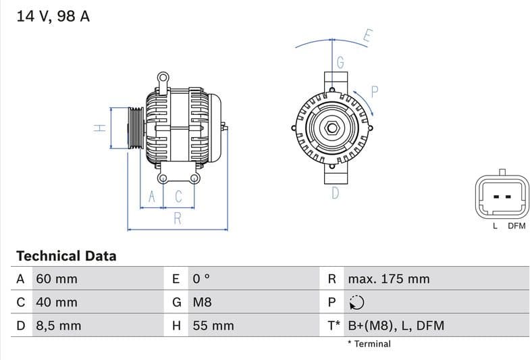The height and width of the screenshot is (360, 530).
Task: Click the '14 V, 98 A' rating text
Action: tap(53, 16)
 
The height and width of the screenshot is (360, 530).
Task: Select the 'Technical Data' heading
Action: tap(66, 256)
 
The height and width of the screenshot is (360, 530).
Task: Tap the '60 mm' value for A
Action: tap(57, 279)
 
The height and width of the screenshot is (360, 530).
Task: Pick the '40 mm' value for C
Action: tap(57, 302)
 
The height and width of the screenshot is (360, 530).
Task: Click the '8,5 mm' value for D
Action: tap(58, 326)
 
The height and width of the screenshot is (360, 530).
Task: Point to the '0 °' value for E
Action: tap(202, 279)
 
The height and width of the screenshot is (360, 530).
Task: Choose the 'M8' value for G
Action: tap(202, 302)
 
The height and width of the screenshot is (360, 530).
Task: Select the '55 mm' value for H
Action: tap(213, 326)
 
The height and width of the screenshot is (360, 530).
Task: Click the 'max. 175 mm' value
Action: tap(388, 279)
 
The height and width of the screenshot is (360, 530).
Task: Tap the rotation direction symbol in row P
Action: tap(356, 303)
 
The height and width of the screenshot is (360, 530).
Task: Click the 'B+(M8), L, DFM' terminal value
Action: tap(396, 326)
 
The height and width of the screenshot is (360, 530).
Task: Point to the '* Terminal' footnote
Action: tap(369, 344)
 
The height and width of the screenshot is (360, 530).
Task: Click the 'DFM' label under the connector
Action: tap(516, 226)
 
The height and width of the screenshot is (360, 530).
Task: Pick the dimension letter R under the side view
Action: tap(178, 218)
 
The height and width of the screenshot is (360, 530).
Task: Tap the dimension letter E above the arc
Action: tap(367, 36)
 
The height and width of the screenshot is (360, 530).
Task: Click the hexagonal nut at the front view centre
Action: tap(332, 128)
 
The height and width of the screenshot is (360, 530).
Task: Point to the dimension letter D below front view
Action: tap(335, 193)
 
